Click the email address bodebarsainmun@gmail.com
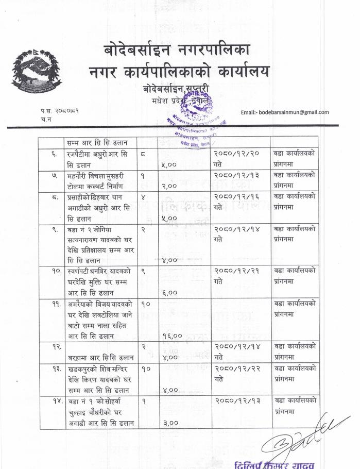[x=285, y=112]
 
